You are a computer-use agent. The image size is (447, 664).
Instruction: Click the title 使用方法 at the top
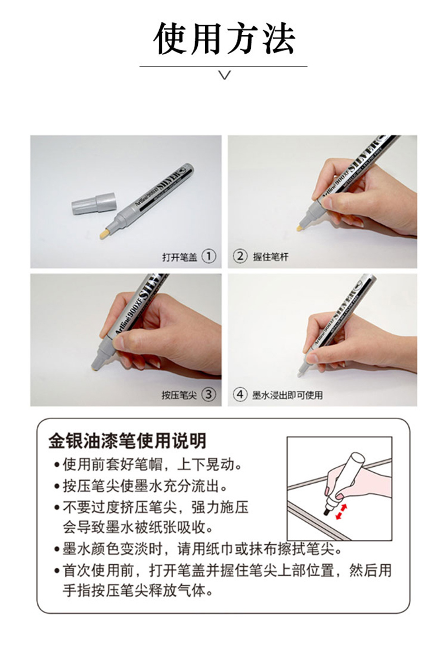(x=223, y=39)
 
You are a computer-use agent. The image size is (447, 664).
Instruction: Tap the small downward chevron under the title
(x=225, y=75)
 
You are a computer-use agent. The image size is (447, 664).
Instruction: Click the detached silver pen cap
(x=93, y=203)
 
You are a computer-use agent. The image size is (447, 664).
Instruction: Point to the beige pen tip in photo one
(x=104, y=233)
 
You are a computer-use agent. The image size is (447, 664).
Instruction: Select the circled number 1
(x=208, y=256)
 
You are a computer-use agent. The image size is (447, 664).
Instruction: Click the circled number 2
(x=240, y=256)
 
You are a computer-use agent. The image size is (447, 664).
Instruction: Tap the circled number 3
(x=208, y=395)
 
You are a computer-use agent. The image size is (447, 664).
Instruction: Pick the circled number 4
(x=240, y=395)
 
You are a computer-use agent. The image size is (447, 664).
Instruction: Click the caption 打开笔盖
(x=179, y=257)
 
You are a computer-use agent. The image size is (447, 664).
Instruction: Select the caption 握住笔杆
(x=270, y=257)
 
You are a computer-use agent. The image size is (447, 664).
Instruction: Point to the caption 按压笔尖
(x=179, y=395)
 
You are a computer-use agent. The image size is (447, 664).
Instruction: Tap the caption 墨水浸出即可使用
(x=287, y=395)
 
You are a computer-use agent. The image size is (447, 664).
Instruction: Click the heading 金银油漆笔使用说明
(x=127, y=441)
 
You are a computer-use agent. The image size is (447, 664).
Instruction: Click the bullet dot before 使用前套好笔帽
(x=56, y=466)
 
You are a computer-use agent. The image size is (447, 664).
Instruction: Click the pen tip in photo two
(x=299, y=228)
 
